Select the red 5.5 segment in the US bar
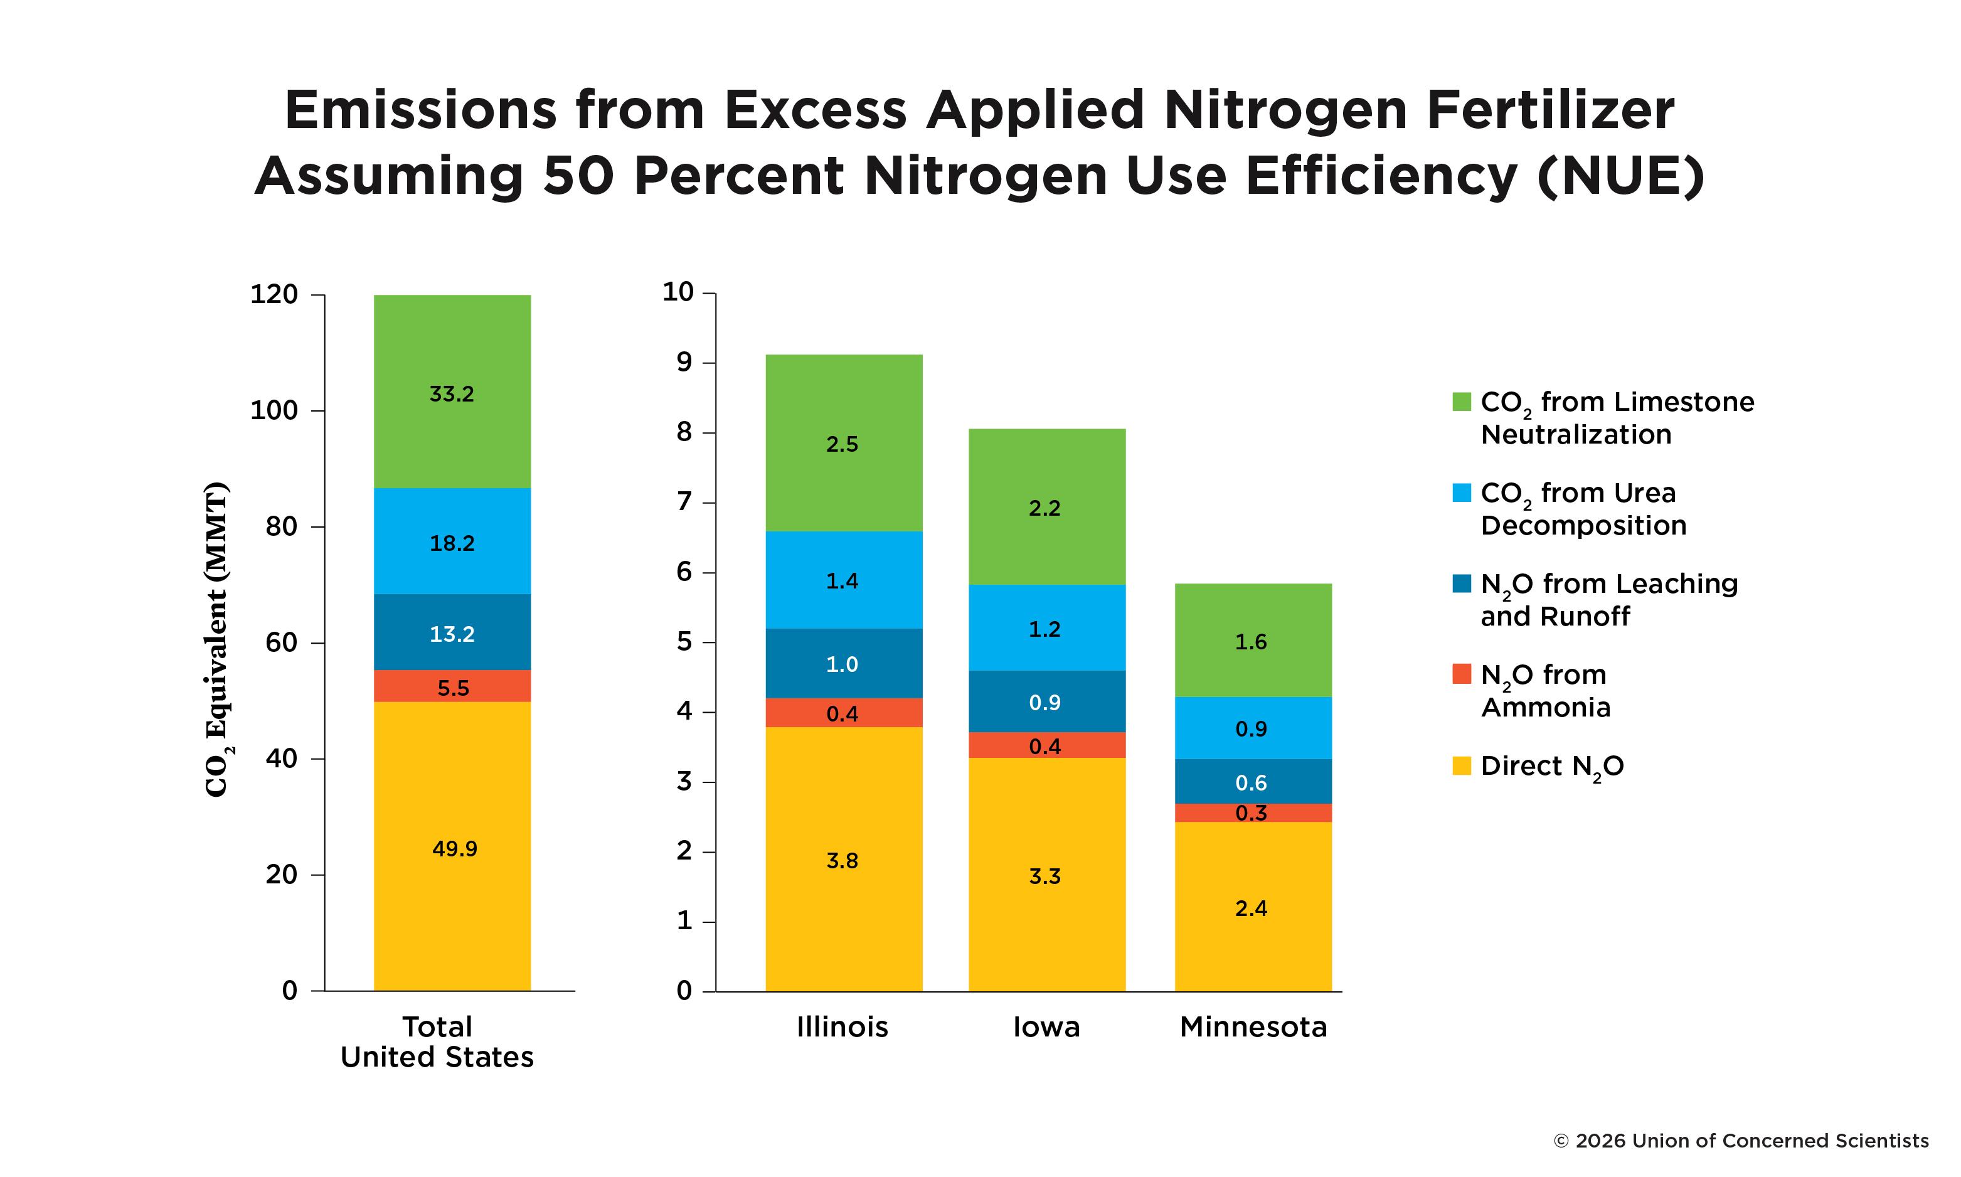click(452, 686)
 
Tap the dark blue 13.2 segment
click(452, 633)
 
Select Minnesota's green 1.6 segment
click(1252, 640)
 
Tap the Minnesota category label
click(1253, 1027)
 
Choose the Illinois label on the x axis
click(842, 1027)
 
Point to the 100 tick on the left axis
click(274, 411)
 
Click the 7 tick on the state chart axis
click(684, 502)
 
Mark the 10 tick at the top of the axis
click(678, 292)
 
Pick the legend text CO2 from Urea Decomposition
click(1582, 509)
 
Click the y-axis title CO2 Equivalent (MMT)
click(216, 639)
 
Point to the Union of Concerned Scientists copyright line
click(1741, 1141)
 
